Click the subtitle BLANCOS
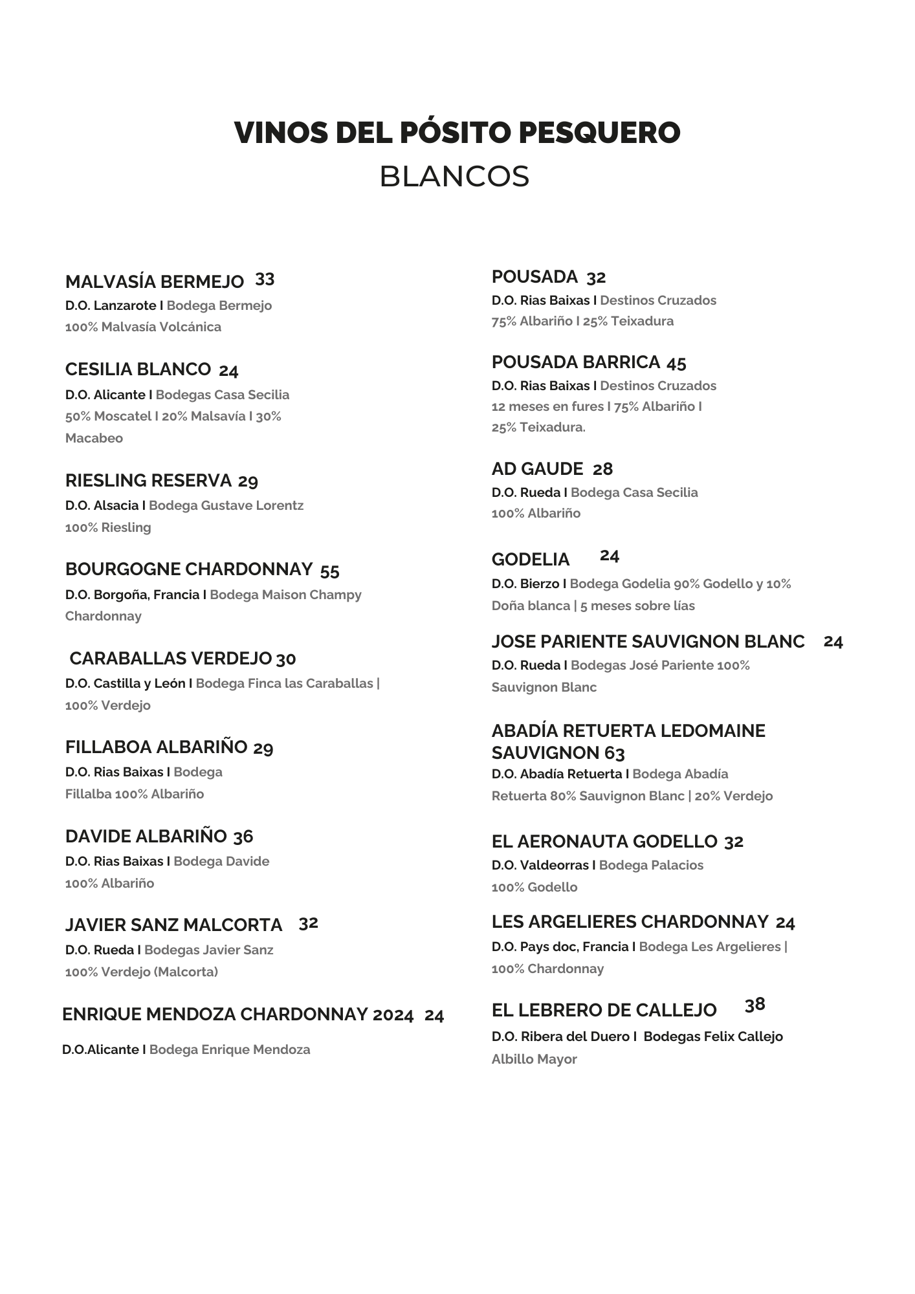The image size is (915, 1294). [454, 177]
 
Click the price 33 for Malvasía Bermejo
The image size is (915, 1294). [265, 280]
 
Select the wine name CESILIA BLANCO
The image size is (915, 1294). [138, 369]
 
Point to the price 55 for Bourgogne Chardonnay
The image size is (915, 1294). [329, 571]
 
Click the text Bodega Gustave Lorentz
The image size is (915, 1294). [226, 505]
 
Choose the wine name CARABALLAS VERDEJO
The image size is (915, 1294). [170, 659]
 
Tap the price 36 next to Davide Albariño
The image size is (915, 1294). [243, 837]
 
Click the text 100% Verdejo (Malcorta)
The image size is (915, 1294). [142, 972]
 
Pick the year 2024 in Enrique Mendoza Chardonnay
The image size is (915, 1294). [393, 1015]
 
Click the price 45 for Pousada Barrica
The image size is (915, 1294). [676, 363]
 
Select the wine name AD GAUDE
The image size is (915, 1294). [537, 469]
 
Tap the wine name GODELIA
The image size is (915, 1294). [531, 560]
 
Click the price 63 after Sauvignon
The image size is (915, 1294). [615, 754]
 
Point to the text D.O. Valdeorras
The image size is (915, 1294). [540, 865]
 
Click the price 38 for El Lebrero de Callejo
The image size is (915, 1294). [755, 1005]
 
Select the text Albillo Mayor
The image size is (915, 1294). [534, 1059]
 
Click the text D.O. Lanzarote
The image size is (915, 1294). [111, 305]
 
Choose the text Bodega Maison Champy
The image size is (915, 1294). [285, 595]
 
